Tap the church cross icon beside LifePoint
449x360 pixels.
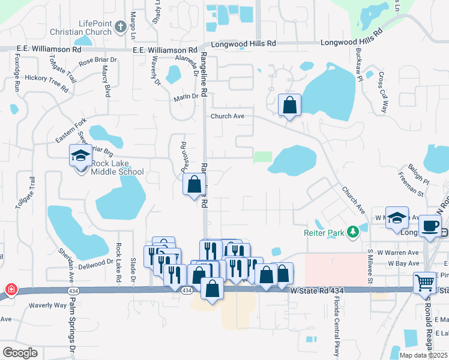click(x=120, y=26)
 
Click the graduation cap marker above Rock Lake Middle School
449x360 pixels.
click(x=80, y=156)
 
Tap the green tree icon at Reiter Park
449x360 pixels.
click(x=354, y=230)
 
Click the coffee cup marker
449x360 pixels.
click(x=429, y=226)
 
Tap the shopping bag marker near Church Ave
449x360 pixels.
click(x=290, y=105)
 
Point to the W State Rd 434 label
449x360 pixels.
click(x=317, y=291)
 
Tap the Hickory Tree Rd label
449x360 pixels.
click(x=46, y=82)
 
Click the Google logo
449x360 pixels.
click(x=20, y=352)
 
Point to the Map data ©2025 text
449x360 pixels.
click(x=423, y=355)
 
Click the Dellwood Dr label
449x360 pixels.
click(x=95, y=262)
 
